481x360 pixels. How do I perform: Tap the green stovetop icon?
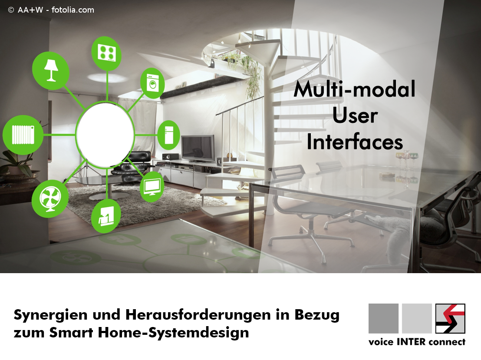(x=106, y=53)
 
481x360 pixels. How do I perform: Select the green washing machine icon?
(x=152, y=83)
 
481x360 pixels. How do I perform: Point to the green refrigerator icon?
(x=169, y=135)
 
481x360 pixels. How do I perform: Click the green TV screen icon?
(x=152, y=186)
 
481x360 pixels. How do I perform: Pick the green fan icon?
(x=50, y=198)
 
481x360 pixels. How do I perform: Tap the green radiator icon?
(x=23, y=135)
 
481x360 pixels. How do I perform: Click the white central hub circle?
(x=105, y=135)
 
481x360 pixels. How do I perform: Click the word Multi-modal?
(x=354, y=89)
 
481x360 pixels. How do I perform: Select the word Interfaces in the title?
(x=355, y=142)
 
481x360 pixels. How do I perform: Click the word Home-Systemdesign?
(x=173, y=333)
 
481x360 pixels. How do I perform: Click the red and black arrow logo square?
(x=450, y=319)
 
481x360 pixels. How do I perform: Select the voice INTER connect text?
(x=417, y=342)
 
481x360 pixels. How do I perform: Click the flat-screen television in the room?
(x=198, y=149)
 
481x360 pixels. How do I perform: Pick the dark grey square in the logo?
(x=383, y=319)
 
